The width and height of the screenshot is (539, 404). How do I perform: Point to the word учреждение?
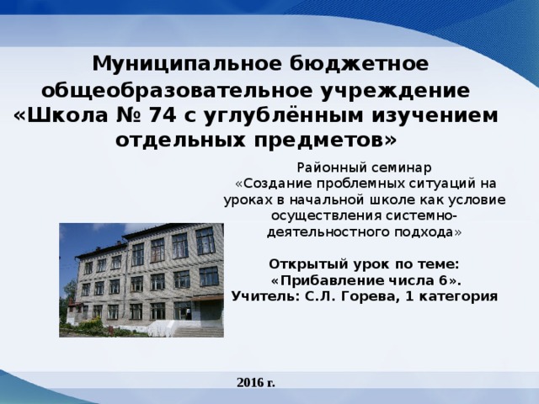pyautogui.click(x=393, y=89)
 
